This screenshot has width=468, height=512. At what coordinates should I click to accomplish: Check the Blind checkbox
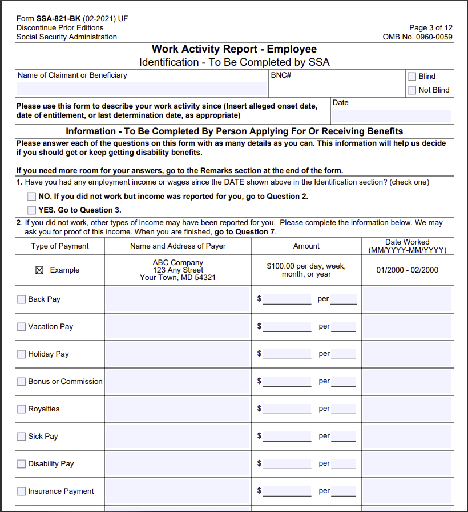pyautogui.click(x=411, y=77)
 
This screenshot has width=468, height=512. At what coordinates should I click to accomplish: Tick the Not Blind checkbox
pyautogui.click(x=411, y=90)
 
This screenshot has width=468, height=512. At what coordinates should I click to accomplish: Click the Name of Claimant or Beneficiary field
pyautogui.click(x=142, y=89)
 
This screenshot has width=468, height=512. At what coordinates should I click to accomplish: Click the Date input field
pyautogui.click(x=392, y=116)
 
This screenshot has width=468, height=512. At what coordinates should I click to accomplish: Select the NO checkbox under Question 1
pyautogui.click(x=31, y=197)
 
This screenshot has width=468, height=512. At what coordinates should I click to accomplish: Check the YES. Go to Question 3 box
pyautogui.click(x=31, y=210)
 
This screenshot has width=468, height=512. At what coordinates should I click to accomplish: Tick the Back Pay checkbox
pyautogui.click(x=22, y=299)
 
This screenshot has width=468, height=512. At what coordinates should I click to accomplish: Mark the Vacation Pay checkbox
pyautogui.click(x=22, y=327)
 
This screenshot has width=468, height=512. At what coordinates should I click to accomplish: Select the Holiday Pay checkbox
pyautogui.click(x=22, y=354)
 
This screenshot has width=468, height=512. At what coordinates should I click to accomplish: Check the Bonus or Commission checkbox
pyautogui.click(x=22, y=382)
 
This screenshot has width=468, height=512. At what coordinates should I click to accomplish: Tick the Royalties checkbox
pyautogui.click(x=22, y=409)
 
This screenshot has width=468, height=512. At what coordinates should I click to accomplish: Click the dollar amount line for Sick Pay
pyautogui.click(x=287, y=436)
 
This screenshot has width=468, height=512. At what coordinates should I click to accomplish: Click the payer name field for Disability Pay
pyautogui.click(x=177, y=464)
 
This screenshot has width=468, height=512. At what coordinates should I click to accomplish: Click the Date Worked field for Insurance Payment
pyautogui.click(x=407, y=491)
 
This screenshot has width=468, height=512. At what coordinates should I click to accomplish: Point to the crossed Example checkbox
pyautogui.click(x=39, y=270)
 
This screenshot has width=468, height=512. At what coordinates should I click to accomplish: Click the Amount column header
pyautogui.click(x=306, y=246)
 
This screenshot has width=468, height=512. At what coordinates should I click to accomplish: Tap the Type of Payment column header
pyautogui.click(x=60, y=246)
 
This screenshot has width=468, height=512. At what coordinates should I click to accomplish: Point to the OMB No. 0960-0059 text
pyautogui.click(x=417, y=37)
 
